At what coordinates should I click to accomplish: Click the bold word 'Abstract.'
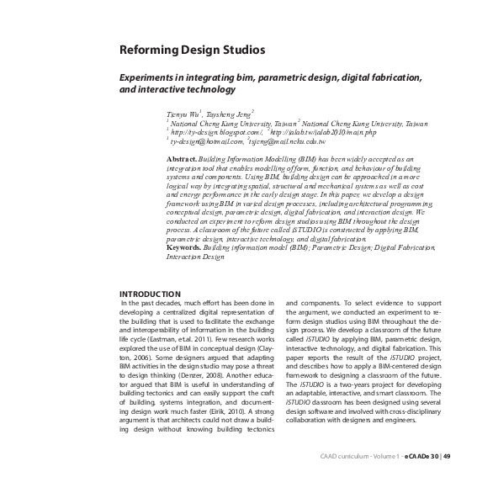[182, 158]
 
